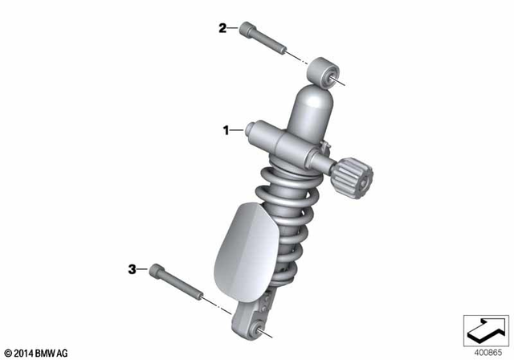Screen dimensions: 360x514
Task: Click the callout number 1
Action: click(x=226, y=129)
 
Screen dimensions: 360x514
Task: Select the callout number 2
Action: click(x=222, y=29)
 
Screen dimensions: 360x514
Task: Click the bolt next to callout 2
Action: click(x=263, y=41)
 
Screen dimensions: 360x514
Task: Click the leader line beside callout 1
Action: click(x=239, y=129)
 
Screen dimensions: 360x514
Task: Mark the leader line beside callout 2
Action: click(x=232, y=29)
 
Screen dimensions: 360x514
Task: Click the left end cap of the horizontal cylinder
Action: click(x=255, y=130)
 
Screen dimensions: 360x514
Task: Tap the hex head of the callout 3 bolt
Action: click(x=156, y=272)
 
